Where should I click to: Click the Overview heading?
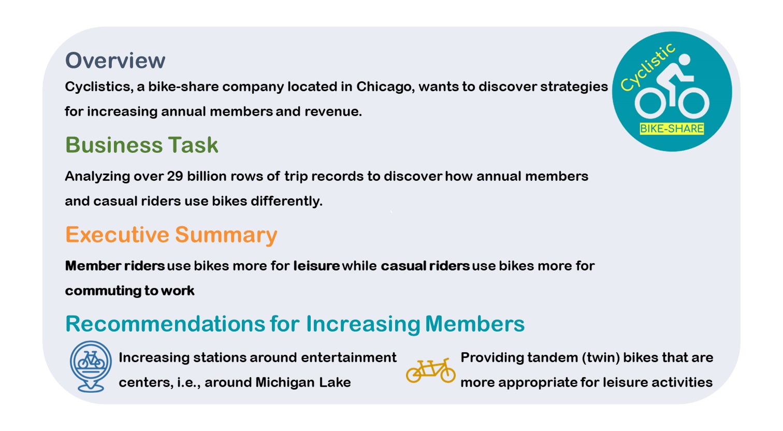[x=115, y=61]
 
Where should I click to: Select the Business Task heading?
[x=141, y=145]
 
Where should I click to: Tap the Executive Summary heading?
[x=171, y=235]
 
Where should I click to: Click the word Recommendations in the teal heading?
[x=165, y=324]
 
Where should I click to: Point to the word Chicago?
[x=385, y=87]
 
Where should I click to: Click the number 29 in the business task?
[x=175, y=176]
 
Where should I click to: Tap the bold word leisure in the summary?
[x=316, y=266]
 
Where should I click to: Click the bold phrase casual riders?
[x=425, y=266]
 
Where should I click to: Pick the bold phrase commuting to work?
[x=129, y=291]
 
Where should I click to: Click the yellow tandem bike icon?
[x=431, y=370]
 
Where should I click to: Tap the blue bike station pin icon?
[x=91, y=366]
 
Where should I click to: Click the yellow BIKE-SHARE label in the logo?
[x=672, y=128]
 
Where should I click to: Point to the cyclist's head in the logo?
[x=684, y=60]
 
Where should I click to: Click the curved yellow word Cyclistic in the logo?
[x=648, y=67]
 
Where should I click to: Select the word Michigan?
[x=285, y=382]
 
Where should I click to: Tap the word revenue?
[x=333, y=112]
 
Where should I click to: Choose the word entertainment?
[x=349, y=357]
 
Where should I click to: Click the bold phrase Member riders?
[x=115, y=266]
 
